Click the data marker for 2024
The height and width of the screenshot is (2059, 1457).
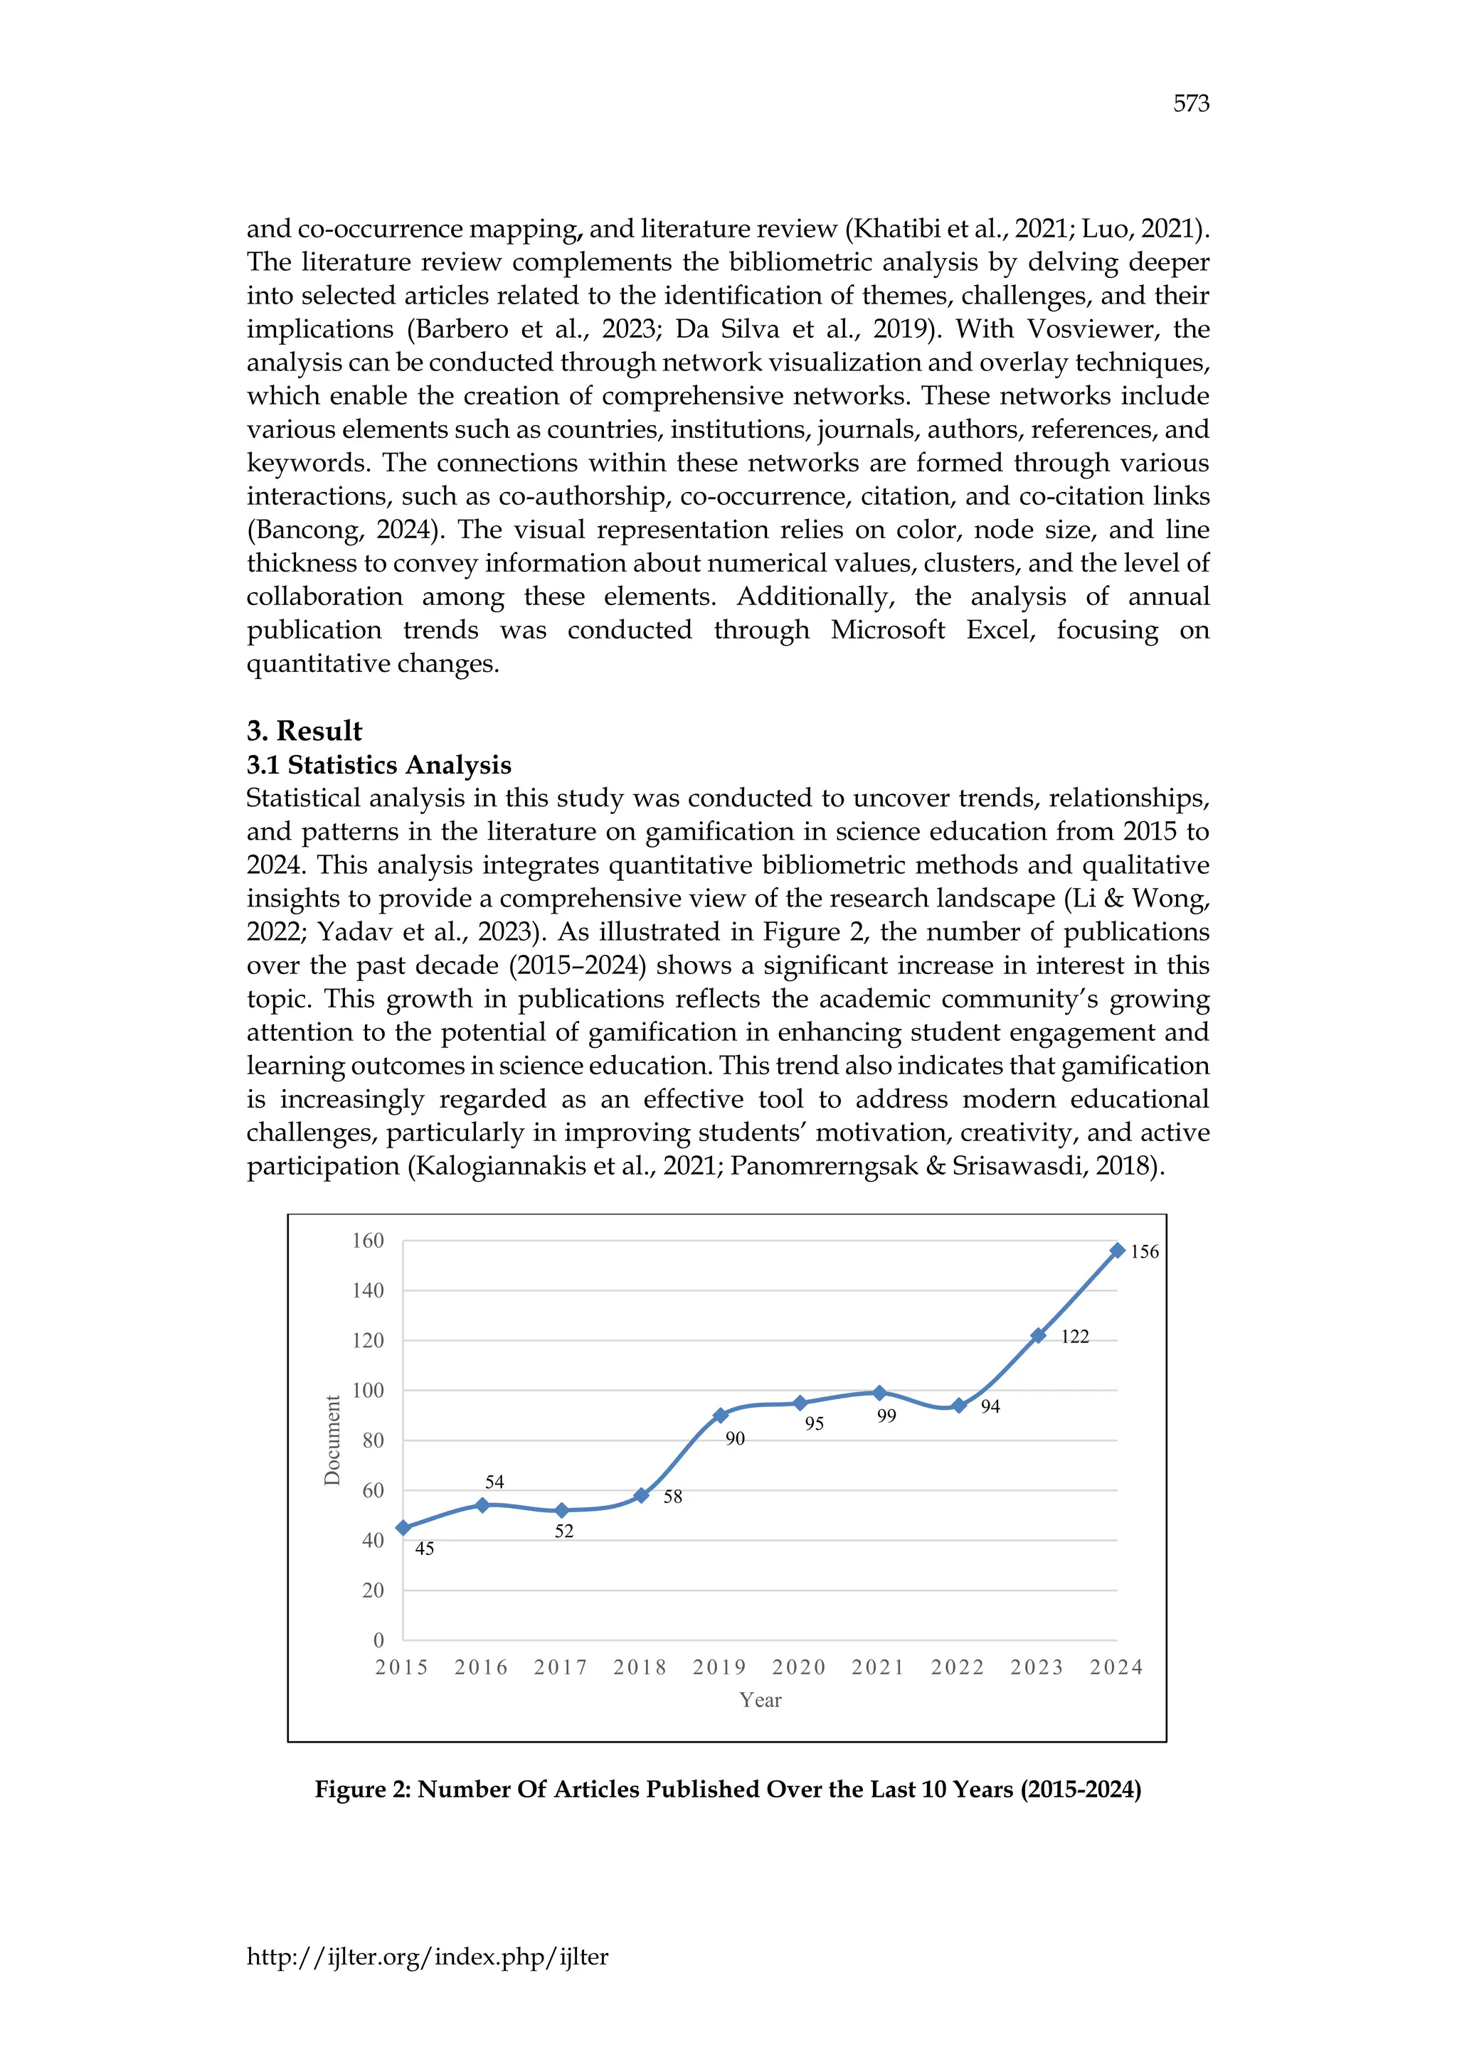[1117, 1250]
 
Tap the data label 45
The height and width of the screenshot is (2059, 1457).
[424, 1549]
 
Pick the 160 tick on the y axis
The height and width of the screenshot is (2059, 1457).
[367, 1240]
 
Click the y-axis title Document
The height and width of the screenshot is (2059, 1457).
[333, 1440]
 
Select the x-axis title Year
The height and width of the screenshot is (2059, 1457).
[760, 1700]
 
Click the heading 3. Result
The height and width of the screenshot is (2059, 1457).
[304, 731]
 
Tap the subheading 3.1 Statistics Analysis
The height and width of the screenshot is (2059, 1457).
[378, 765]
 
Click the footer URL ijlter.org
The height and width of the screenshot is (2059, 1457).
[427, 1956]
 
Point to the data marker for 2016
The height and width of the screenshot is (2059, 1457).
[482, 1505]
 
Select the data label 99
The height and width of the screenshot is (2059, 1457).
[886, 1416]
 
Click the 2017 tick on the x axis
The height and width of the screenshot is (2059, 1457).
[561, 1667]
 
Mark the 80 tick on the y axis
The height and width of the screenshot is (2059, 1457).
[372, 1440]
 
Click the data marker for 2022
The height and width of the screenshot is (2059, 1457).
[959, 1405]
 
